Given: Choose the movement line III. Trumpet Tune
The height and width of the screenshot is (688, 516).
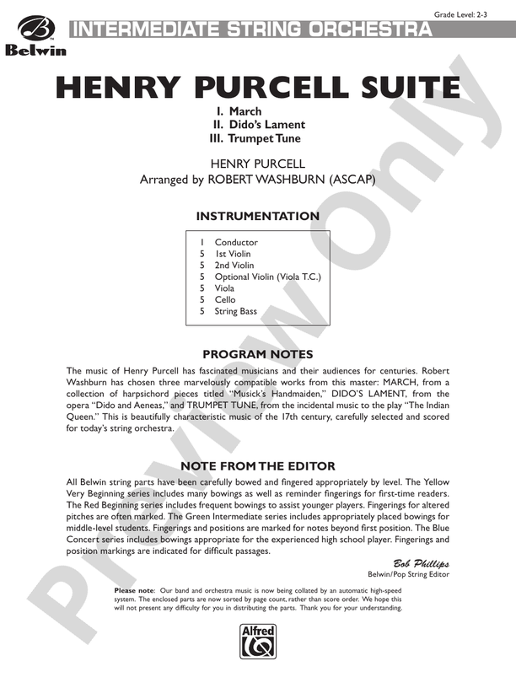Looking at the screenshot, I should tap(255, 138).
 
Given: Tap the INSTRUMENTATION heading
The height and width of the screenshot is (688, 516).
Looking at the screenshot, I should tap(258, 217).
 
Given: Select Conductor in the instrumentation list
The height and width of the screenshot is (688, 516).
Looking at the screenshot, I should tap(236, 243).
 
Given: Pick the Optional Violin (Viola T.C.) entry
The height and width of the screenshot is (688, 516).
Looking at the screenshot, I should tap(268, 277).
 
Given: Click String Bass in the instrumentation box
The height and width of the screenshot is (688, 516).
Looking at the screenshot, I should tap(235, 311).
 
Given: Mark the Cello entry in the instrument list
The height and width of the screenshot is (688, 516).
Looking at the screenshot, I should tap(225, 299).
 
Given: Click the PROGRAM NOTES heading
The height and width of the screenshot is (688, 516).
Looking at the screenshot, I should tap(258, 354).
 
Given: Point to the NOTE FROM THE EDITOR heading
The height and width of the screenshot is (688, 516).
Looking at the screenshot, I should tap(258, 466).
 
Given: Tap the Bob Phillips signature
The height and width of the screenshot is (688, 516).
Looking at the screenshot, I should tap(421, 562).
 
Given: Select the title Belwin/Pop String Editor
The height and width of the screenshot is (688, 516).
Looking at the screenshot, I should tap(405, 574).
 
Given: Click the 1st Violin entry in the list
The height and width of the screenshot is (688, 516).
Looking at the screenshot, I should tap(233, 254).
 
